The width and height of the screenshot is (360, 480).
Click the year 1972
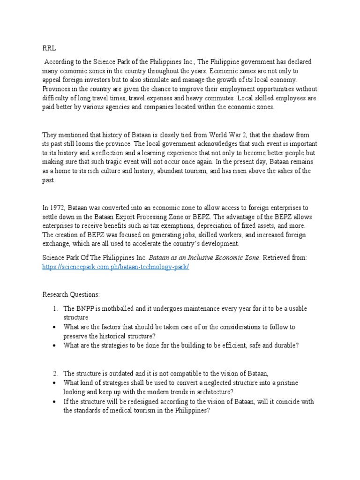click(x=58, y=208)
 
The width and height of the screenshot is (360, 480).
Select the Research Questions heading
click(x=71, y=294)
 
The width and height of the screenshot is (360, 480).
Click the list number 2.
click(x=55, y=374)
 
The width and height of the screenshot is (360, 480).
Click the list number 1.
click(x=55, y=308)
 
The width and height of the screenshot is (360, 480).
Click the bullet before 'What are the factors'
click(x=55, y=327)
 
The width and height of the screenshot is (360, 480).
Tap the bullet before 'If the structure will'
click(x=55, y=402)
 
